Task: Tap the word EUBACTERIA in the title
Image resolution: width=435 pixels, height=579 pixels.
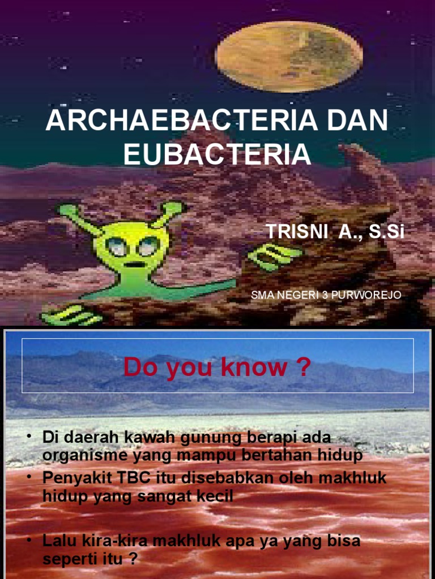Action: (x=217, y=154)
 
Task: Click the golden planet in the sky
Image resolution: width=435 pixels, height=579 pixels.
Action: (x=289, y=57)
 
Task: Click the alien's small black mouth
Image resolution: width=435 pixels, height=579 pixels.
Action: (x=134, y=264)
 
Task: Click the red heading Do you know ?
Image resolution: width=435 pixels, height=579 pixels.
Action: (x=217, y=368)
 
